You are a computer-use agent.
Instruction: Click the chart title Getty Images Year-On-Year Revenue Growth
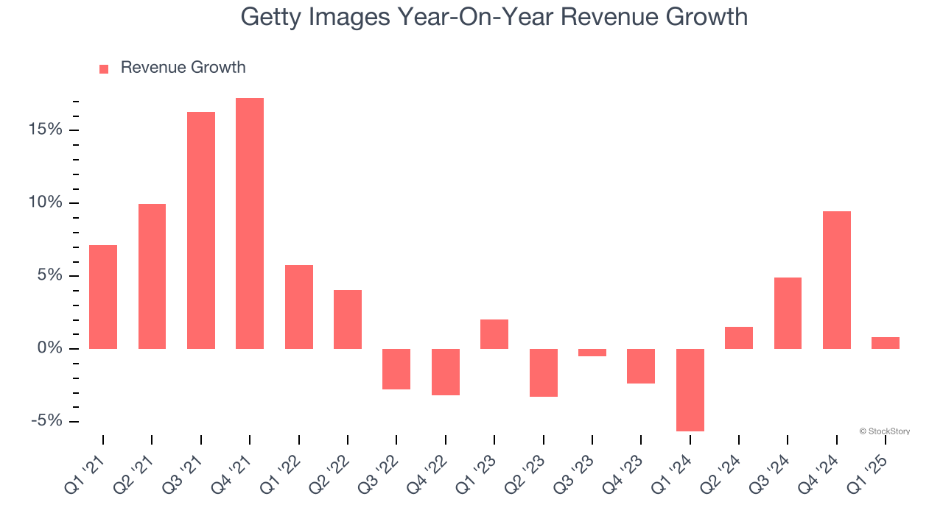(x=494, y=17)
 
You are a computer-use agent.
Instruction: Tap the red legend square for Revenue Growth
(x=104, y=68)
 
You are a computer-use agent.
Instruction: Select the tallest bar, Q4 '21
(x=250, y=223)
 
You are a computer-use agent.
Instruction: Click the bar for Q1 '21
(x=103, y=297)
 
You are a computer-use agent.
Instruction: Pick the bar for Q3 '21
(x=201, y=230)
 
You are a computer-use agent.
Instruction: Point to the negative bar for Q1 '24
(x=690, y=389)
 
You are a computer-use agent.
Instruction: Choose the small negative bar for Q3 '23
(x=592, y=353)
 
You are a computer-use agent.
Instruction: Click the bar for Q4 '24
(x=837, y=280)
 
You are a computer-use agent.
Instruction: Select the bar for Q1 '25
(x=886, y=343)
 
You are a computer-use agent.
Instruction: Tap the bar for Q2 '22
(x=348, y=319)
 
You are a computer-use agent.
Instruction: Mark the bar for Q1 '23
(x=494, y=334)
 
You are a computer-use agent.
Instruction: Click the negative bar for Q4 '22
(x=446, y=372)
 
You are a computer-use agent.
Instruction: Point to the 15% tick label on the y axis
(x=46, y=130)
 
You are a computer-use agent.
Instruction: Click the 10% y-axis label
(x=46, y=202)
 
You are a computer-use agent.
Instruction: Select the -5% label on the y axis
(x=46, y=421)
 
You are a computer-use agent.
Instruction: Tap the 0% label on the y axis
(x=50, y=348)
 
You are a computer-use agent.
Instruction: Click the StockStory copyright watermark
(x=884, y=431)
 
